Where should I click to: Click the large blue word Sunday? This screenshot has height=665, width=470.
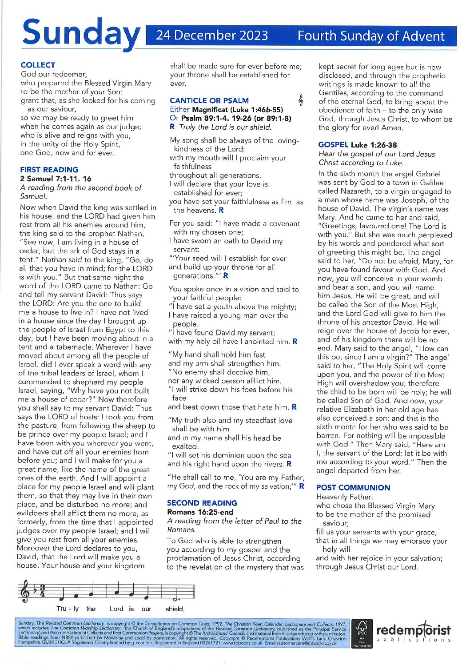pos(80,35)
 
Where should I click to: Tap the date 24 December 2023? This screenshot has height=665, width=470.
pos(212,36)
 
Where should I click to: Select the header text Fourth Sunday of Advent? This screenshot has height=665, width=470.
pos(371,36)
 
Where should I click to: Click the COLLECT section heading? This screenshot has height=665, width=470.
pos(38,65)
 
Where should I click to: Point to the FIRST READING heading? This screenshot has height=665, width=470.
pos(49,170)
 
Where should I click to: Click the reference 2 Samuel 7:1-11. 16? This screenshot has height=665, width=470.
pos(56,179)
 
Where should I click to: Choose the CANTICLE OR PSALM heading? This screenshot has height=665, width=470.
pos(209,101)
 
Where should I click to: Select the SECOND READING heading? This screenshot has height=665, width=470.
pos(202,503)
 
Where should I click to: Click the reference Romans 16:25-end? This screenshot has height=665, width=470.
pos(200,512)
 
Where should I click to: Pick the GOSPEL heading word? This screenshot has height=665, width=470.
pos(333,145)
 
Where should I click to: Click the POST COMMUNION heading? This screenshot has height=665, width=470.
pos(353,488)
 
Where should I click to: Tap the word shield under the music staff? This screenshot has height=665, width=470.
pos(175,609)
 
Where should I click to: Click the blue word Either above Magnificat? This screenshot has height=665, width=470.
pos(179,109)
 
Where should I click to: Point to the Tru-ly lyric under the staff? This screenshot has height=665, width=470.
pos(68,609)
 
